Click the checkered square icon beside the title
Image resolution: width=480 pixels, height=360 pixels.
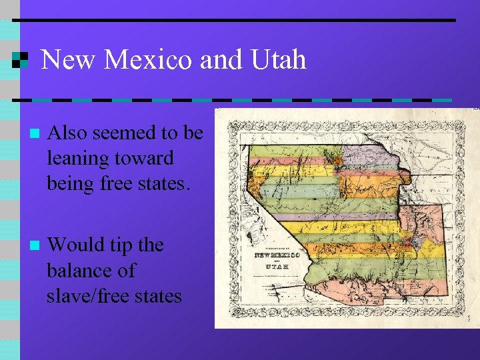(x=20, y=60)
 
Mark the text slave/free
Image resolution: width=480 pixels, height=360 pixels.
(x=91, y=295)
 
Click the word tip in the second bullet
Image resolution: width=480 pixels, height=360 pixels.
(x=121, y=245)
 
